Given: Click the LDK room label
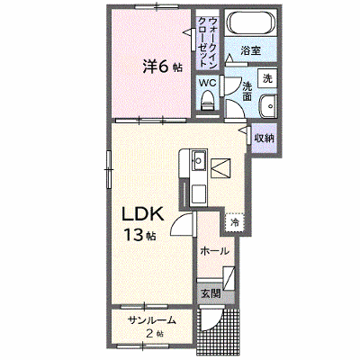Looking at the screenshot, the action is coord(142,214).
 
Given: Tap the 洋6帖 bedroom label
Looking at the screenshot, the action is coord(162,67).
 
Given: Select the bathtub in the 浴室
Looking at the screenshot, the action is coord(251,23).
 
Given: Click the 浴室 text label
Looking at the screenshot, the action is coord(250,50).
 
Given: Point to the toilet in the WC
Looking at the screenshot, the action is coord(207,102).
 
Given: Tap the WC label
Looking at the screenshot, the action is coord(208,83).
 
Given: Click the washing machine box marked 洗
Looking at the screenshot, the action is coord(267,78).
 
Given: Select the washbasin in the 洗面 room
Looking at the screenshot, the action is coord(268,106).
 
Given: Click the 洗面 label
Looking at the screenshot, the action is coord(247,92).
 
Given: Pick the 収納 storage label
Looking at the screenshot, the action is coord(264,139).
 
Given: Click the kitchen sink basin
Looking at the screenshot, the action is coord(199,159).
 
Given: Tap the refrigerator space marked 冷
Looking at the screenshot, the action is coord(235,222).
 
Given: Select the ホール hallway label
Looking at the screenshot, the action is coord(214,251).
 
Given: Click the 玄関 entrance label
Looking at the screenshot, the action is coord(211,293).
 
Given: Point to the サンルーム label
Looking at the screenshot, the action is coord(151,320).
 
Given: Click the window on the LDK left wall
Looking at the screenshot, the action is coord(109,169).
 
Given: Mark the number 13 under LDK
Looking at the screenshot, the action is coord(134,236).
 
